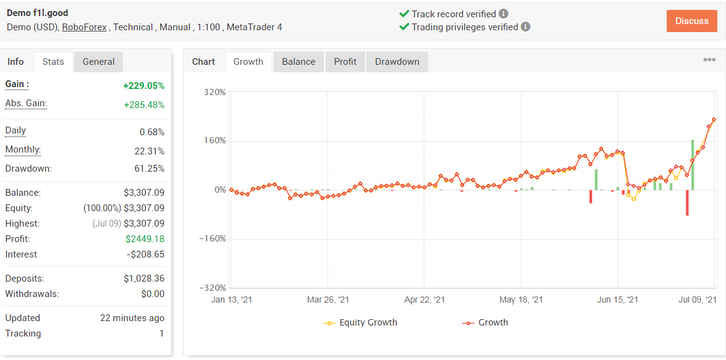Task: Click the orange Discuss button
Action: [692, 21]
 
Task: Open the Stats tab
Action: [53, 62]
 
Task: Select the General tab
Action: [99, 62]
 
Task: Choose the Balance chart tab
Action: [298, 62]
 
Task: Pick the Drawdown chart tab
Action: [397, 62]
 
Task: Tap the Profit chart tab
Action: [345, 62]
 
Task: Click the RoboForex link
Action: [84, 27]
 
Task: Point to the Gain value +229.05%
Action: [143, 86]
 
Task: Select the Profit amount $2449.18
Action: [145, 239]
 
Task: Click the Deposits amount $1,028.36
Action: [144, 278]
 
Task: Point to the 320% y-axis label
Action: [215, 92]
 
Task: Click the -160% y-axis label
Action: [213, 239]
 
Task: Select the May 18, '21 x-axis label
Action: [521, 300]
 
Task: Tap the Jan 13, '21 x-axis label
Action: [232, 300]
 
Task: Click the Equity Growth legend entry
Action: [360, 322]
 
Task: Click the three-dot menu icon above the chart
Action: [709, 60]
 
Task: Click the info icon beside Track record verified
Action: [504, 14]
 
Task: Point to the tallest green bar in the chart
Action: [693, 165]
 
